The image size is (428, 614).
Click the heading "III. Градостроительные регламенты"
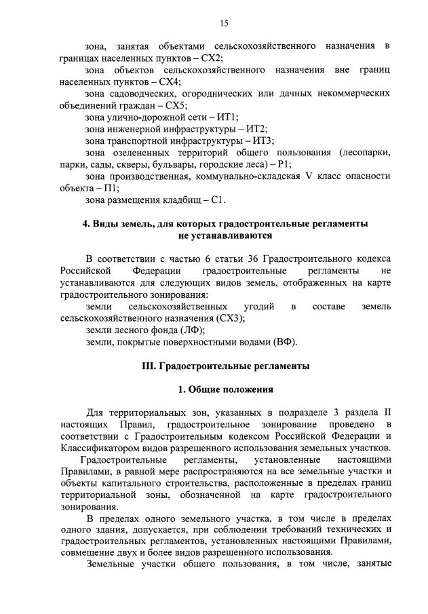pyautogui.click(x=225, y=366)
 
